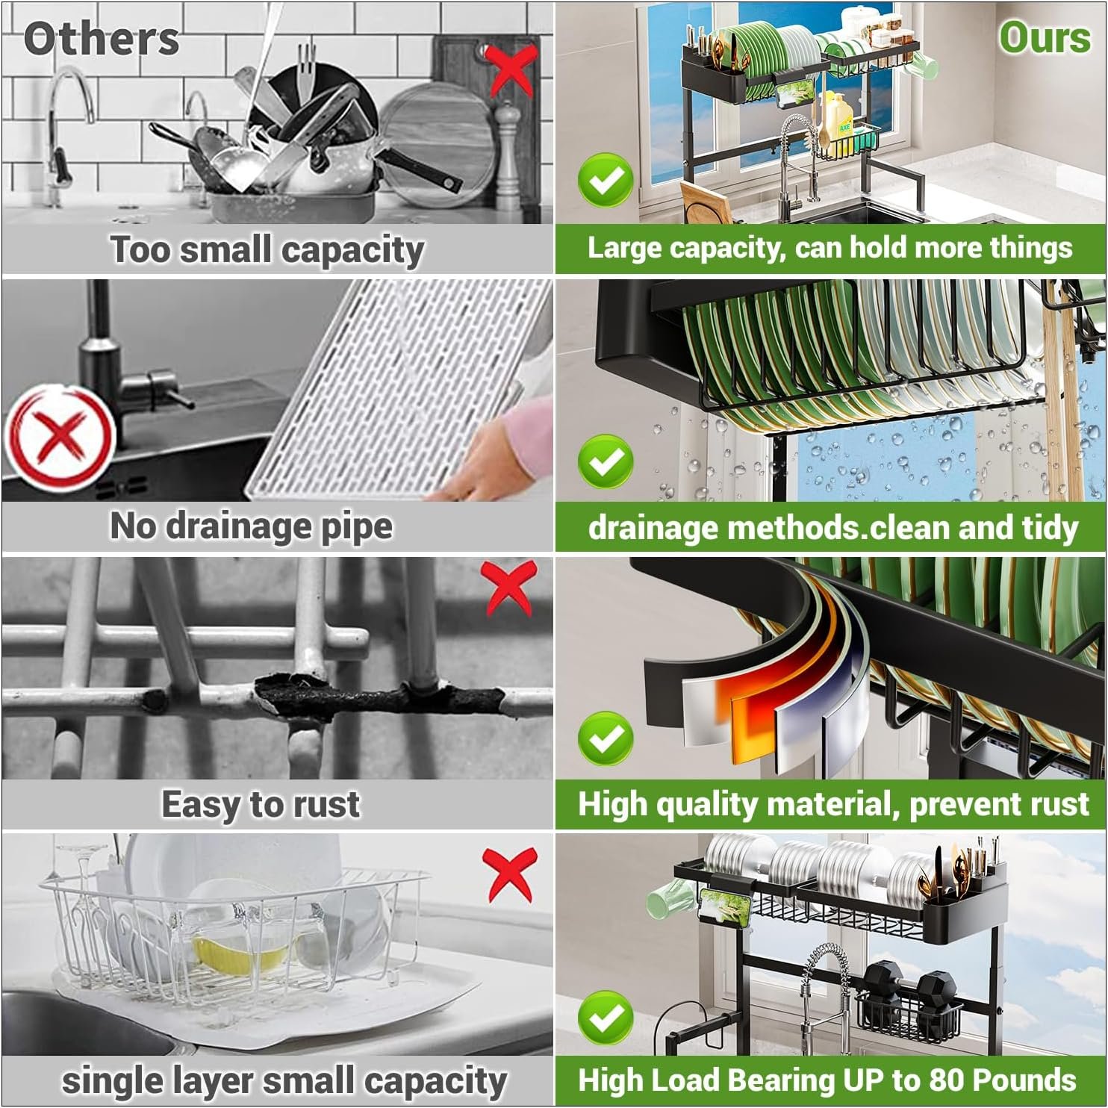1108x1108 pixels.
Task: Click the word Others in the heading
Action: (x=101, y=39)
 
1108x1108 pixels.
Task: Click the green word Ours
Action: (x=1045, y=37)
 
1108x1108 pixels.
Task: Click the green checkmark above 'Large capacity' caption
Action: (x=606, y=179)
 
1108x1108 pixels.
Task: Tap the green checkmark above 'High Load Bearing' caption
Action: (x=606, y=1017)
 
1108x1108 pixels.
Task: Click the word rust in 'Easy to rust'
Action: (x=326, y=805)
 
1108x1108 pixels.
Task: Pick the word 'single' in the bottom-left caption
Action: (x=113, y=1081)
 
